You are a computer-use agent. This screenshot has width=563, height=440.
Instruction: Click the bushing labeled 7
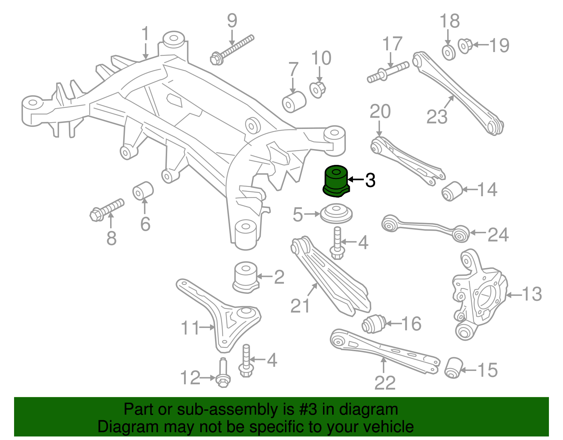coord(294,102)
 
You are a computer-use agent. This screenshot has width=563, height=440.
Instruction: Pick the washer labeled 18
coord(449,52)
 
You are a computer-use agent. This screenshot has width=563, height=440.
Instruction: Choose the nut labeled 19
coord(465,46)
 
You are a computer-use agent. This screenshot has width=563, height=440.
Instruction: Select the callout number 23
coord(437,117)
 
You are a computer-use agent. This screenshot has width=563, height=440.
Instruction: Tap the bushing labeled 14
coord(451,191)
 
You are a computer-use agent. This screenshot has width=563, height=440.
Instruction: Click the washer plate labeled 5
coord(336,214)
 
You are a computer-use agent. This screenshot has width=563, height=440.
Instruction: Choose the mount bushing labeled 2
coord(246,277)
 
